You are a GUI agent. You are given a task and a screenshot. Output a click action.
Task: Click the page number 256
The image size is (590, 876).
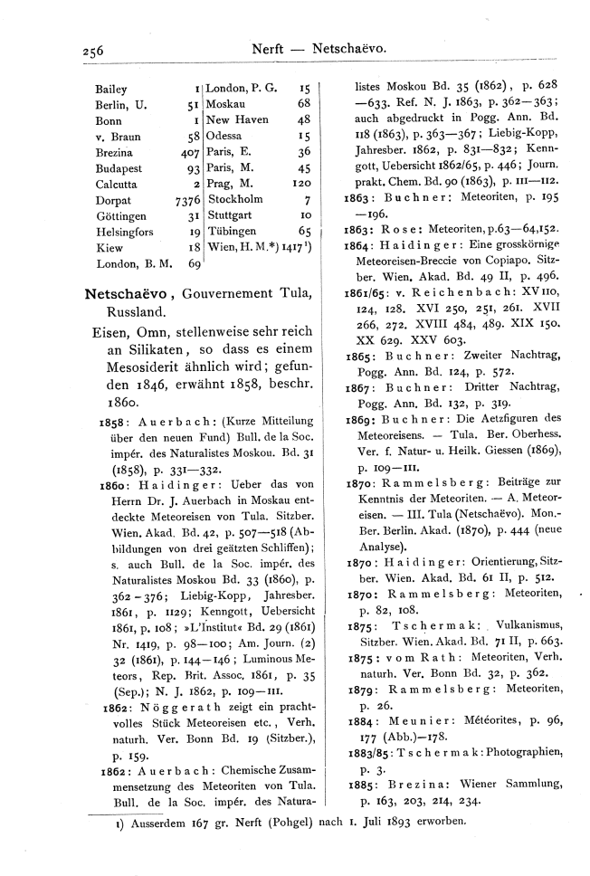click(x=92, y=52)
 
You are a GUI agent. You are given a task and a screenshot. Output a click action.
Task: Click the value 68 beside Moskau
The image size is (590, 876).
click(x=304, y=104)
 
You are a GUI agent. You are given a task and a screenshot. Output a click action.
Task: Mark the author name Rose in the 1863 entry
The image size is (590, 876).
click(x=402, y=230)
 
